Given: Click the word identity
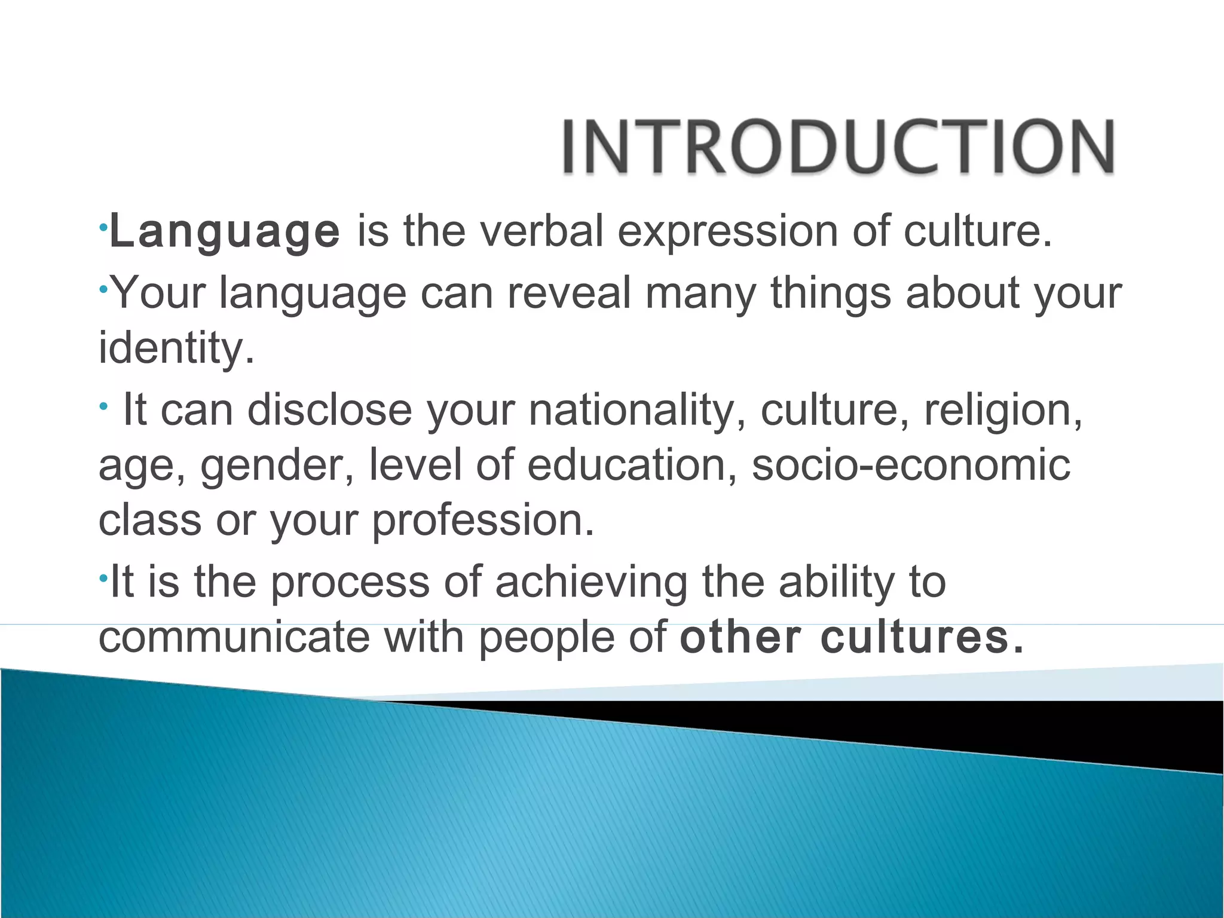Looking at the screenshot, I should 176,348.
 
